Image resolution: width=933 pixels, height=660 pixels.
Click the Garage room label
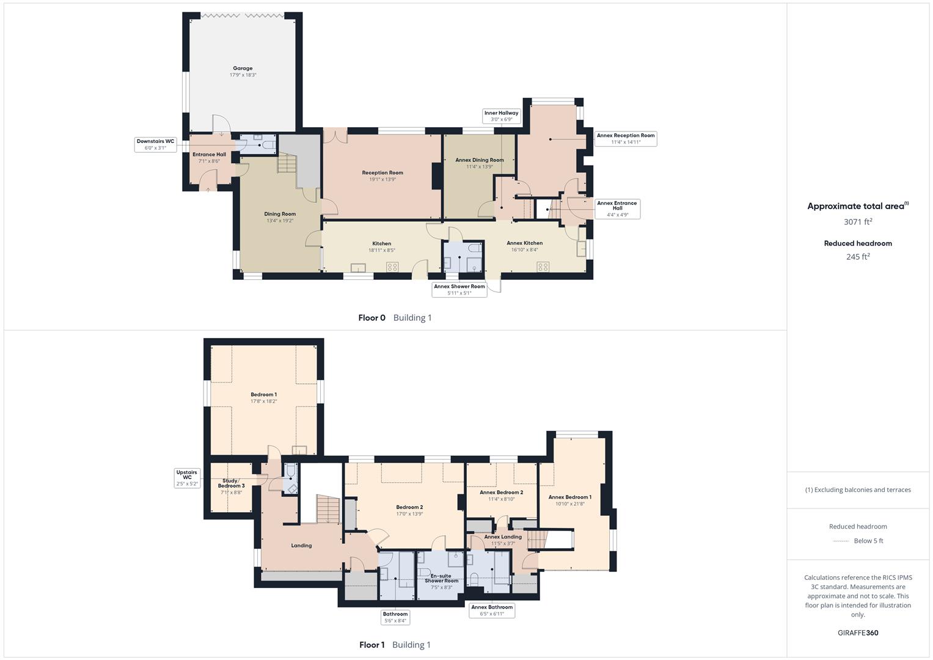coord(243,68)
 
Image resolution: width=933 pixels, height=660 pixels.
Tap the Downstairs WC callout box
coord(155,144)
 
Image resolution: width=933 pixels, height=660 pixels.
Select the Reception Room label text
coord(382,173)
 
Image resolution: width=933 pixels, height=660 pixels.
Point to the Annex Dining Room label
coord(480,160)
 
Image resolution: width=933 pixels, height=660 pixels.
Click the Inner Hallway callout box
coord(501,116)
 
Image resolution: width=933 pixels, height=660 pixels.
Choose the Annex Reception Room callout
coord(626,139)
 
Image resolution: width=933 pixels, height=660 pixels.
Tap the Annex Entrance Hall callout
coord(617,208)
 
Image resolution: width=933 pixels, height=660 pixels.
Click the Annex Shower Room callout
coord(459,290)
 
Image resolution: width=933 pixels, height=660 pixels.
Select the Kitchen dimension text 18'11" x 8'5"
coord(382,250)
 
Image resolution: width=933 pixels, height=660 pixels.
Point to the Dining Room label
coord(280,215)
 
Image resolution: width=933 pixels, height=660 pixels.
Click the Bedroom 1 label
coord(263,395)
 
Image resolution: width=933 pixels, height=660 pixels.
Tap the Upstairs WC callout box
coord(187,478)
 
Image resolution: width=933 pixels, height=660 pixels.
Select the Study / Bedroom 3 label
coord(231,483)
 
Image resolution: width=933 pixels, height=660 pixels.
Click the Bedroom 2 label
coord(409,507)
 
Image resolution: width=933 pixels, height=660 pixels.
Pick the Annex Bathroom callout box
coord(492,610)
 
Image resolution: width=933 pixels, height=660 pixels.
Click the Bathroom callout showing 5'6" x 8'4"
coord(395,617)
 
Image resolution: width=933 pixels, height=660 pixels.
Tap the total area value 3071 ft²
coord(858,222)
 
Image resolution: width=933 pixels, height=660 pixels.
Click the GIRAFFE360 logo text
coord(858,633)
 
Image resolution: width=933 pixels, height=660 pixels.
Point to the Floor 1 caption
coord(372,645)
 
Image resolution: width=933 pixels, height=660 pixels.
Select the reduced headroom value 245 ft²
coord(858,257)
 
